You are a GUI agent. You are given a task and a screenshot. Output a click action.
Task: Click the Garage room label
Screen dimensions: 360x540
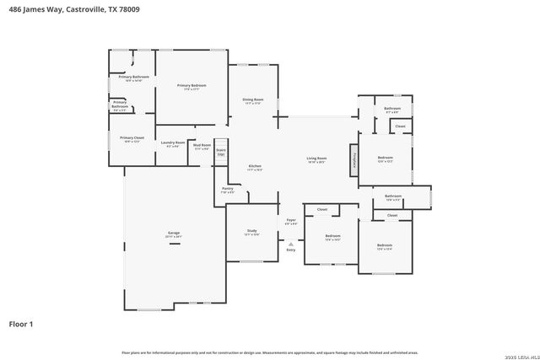[174, 234]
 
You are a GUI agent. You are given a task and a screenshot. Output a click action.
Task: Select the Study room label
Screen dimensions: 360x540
[251, 231]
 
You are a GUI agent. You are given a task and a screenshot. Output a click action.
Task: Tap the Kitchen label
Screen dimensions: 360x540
[255, 166]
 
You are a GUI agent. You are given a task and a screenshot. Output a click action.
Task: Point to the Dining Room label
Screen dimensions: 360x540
[254, 100]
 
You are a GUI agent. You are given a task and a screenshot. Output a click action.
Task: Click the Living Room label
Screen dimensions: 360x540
[316, 159]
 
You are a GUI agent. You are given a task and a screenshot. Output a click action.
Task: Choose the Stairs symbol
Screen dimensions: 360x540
[221, 152]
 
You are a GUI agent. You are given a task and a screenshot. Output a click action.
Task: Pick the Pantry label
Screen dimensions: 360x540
[228, 190]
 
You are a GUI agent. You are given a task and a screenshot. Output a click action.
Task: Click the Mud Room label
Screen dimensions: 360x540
[202, 146]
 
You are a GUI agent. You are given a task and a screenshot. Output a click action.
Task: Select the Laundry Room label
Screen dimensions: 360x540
[173, 143]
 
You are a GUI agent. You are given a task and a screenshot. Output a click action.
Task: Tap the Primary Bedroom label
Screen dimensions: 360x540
[192, 86]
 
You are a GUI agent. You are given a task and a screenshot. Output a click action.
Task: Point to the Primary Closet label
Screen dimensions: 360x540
[132, 139]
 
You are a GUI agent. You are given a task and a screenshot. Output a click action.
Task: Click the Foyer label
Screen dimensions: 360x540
[290, 221]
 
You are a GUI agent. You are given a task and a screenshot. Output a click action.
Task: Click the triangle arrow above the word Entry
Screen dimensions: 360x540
[291, 244]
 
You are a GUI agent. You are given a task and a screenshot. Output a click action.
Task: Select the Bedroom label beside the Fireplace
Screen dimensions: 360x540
[385, 159]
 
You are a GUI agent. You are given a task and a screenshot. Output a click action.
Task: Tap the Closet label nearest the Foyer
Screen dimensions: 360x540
[322, 209]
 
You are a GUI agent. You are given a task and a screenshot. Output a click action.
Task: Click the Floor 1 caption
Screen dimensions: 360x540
[20, 323]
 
